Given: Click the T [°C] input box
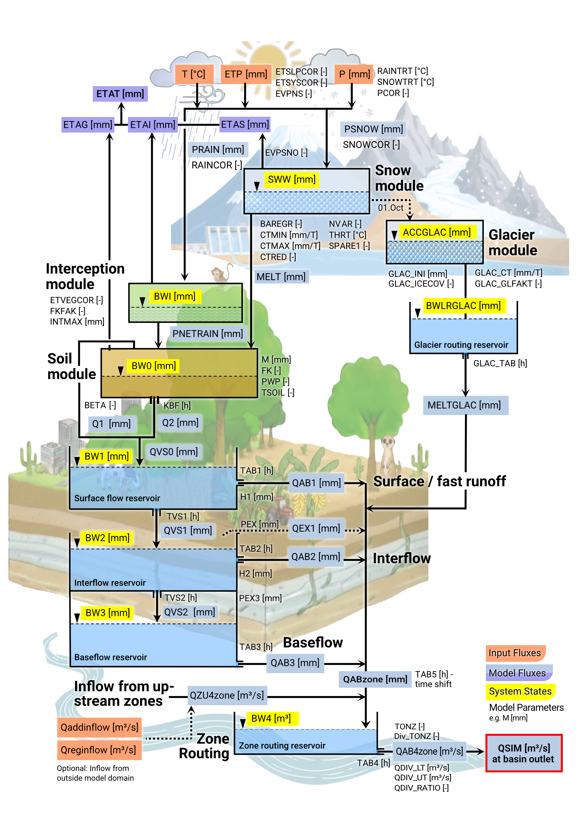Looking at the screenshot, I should click(x=194, y=74).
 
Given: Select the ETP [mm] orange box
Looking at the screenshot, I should click(x=246, y=74).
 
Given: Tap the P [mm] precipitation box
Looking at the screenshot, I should click(x=354, y=74).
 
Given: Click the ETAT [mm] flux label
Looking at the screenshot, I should click(x=120, y=94).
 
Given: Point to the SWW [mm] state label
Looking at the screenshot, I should click(x=291, y=179).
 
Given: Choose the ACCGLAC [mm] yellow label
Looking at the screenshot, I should click(x=436, y=232).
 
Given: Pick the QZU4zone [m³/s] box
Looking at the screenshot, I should click(x=227, y=695).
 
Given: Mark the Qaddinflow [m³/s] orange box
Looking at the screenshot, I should click(x=99, y=727).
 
